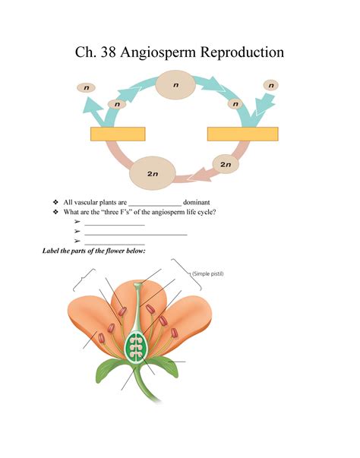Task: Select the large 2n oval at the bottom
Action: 153,173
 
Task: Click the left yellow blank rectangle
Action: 117,134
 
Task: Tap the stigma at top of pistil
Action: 137,287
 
